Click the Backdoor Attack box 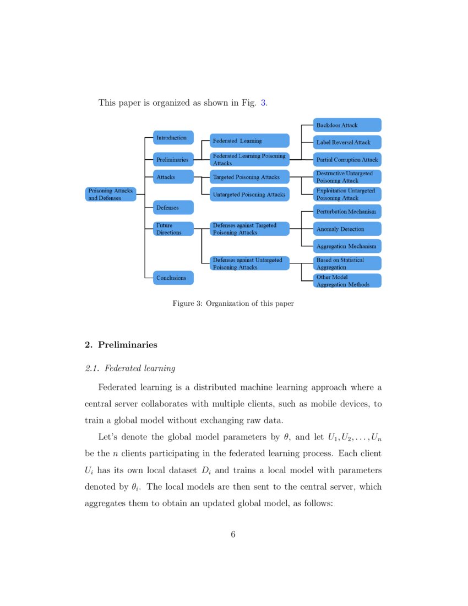(x=347, y=125)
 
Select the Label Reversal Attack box (x=347, y=142)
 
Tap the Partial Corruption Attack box (x=347, y=160)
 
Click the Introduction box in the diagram (x=173, y=138)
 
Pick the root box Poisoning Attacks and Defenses (x=111, y=194)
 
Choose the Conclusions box (x=173, y=278)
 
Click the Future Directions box (x=173, y=229)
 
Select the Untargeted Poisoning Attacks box (x=249, y=194)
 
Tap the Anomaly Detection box (x=347, y=229)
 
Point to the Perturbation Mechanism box (x=347, y=212)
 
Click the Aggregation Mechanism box (x=347, y=246)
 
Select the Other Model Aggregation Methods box (x=347, y=280)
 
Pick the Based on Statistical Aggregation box (x=347, y=263)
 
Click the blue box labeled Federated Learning (x=249, y=140)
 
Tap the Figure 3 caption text (x=233, y=304)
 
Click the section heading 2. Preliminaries (x=121, y=345)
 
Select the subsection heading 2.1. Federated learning (x=130, y=368)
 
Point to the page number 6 (x=233, y=534)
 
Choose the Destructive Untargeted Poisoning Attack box (x=347, y=177)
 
